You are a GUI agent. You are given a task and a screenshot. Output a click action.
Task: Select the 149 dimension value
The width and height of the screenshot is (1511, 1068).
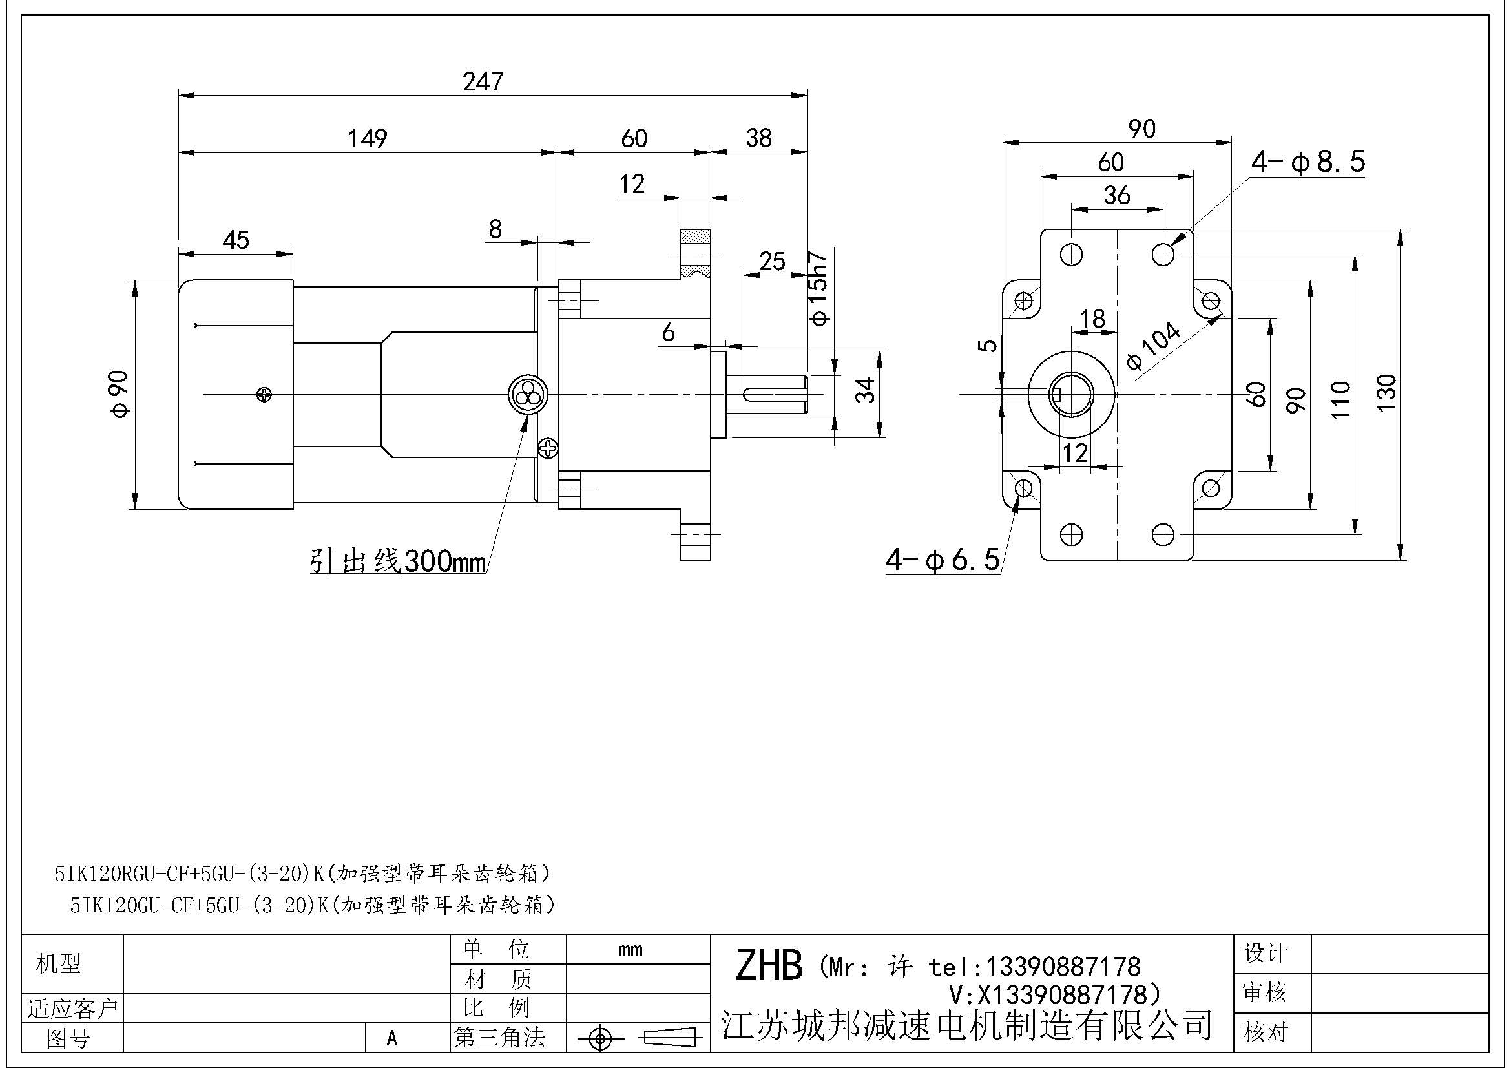(x=367, y=138)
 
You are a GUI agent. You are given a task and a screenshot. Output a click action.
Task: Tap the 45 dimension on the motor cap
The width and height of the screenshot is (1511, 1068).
(x=236, y=240)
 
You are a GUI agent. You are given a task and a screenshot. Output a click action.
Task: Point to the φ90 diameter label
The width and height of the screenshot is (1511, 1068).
(x=121, y=394)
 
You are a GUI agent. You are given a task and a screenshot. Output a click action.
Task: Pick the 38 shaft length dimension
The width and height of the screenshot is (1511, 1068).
(x=758, y=138)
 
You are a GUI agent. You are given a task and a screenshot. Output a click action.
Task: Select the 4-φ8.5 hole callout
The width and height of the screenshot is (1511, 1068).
(x=1308, y=162)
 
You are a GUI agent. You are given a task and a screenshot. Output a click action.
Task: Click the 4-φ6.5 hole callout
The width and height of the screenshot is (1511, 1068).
(x=943, y=560)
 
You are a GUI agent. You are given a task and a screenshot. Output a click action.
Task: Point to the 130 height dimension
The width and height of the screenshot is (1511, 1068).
(x=1386, y=393)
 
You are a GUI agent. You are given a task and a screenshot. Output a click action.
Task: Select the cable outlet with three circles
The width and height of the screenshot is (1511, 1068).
(x=527, y=395)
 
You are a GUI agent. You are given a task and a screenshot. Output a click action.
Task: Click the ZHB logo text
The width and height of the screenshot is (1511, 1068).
(x=769, y=966)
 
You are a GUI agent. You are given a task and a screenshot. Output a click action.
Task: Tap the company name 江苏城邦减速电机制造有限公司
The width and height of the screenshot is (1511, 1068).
(x=966, y=1024)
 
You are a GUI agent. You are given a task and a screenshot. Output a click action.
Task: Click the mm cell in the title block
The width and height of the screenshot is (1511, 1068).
(x=630, y=950)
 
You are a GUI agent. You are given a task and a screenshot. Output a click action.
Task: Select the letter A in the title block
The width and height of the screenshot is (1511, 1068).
(x=392, y=1038)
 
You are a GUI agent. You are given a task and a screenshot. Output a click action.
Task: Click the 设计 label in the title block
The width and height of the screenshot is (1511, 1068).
(x=1265, y=953)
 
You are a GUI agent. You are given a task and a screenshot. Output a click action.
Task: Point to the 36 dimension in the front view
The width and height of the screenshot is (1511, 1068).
(x=1117, y=195)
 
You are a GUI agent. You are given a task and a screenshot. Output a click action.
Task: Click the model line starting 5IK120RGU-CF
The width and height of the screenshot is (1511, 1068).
(x=302, y=874)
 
